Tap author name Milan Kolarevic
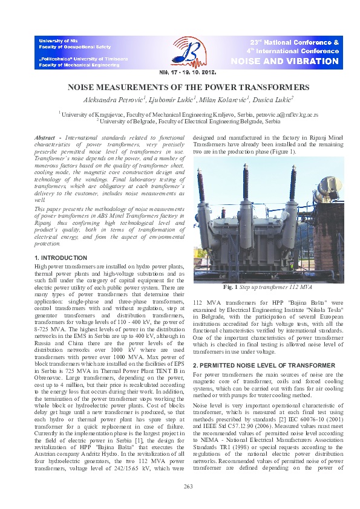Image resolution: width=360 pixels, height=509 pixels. (221, 98)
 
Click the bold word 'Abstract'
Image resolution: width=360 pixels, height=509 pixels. (47, 138)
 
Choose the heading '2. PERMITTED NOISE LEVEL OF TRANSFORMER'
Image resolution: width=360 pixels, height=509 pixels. (259, 366)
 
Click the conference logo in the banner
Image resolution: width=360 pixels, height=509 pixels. (184, 53)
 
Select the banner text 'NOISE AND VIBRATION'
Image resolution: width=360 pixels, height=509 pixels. (293, 62)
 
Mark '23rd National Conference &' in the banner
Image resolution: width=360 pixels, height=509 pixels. (294, 43)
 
